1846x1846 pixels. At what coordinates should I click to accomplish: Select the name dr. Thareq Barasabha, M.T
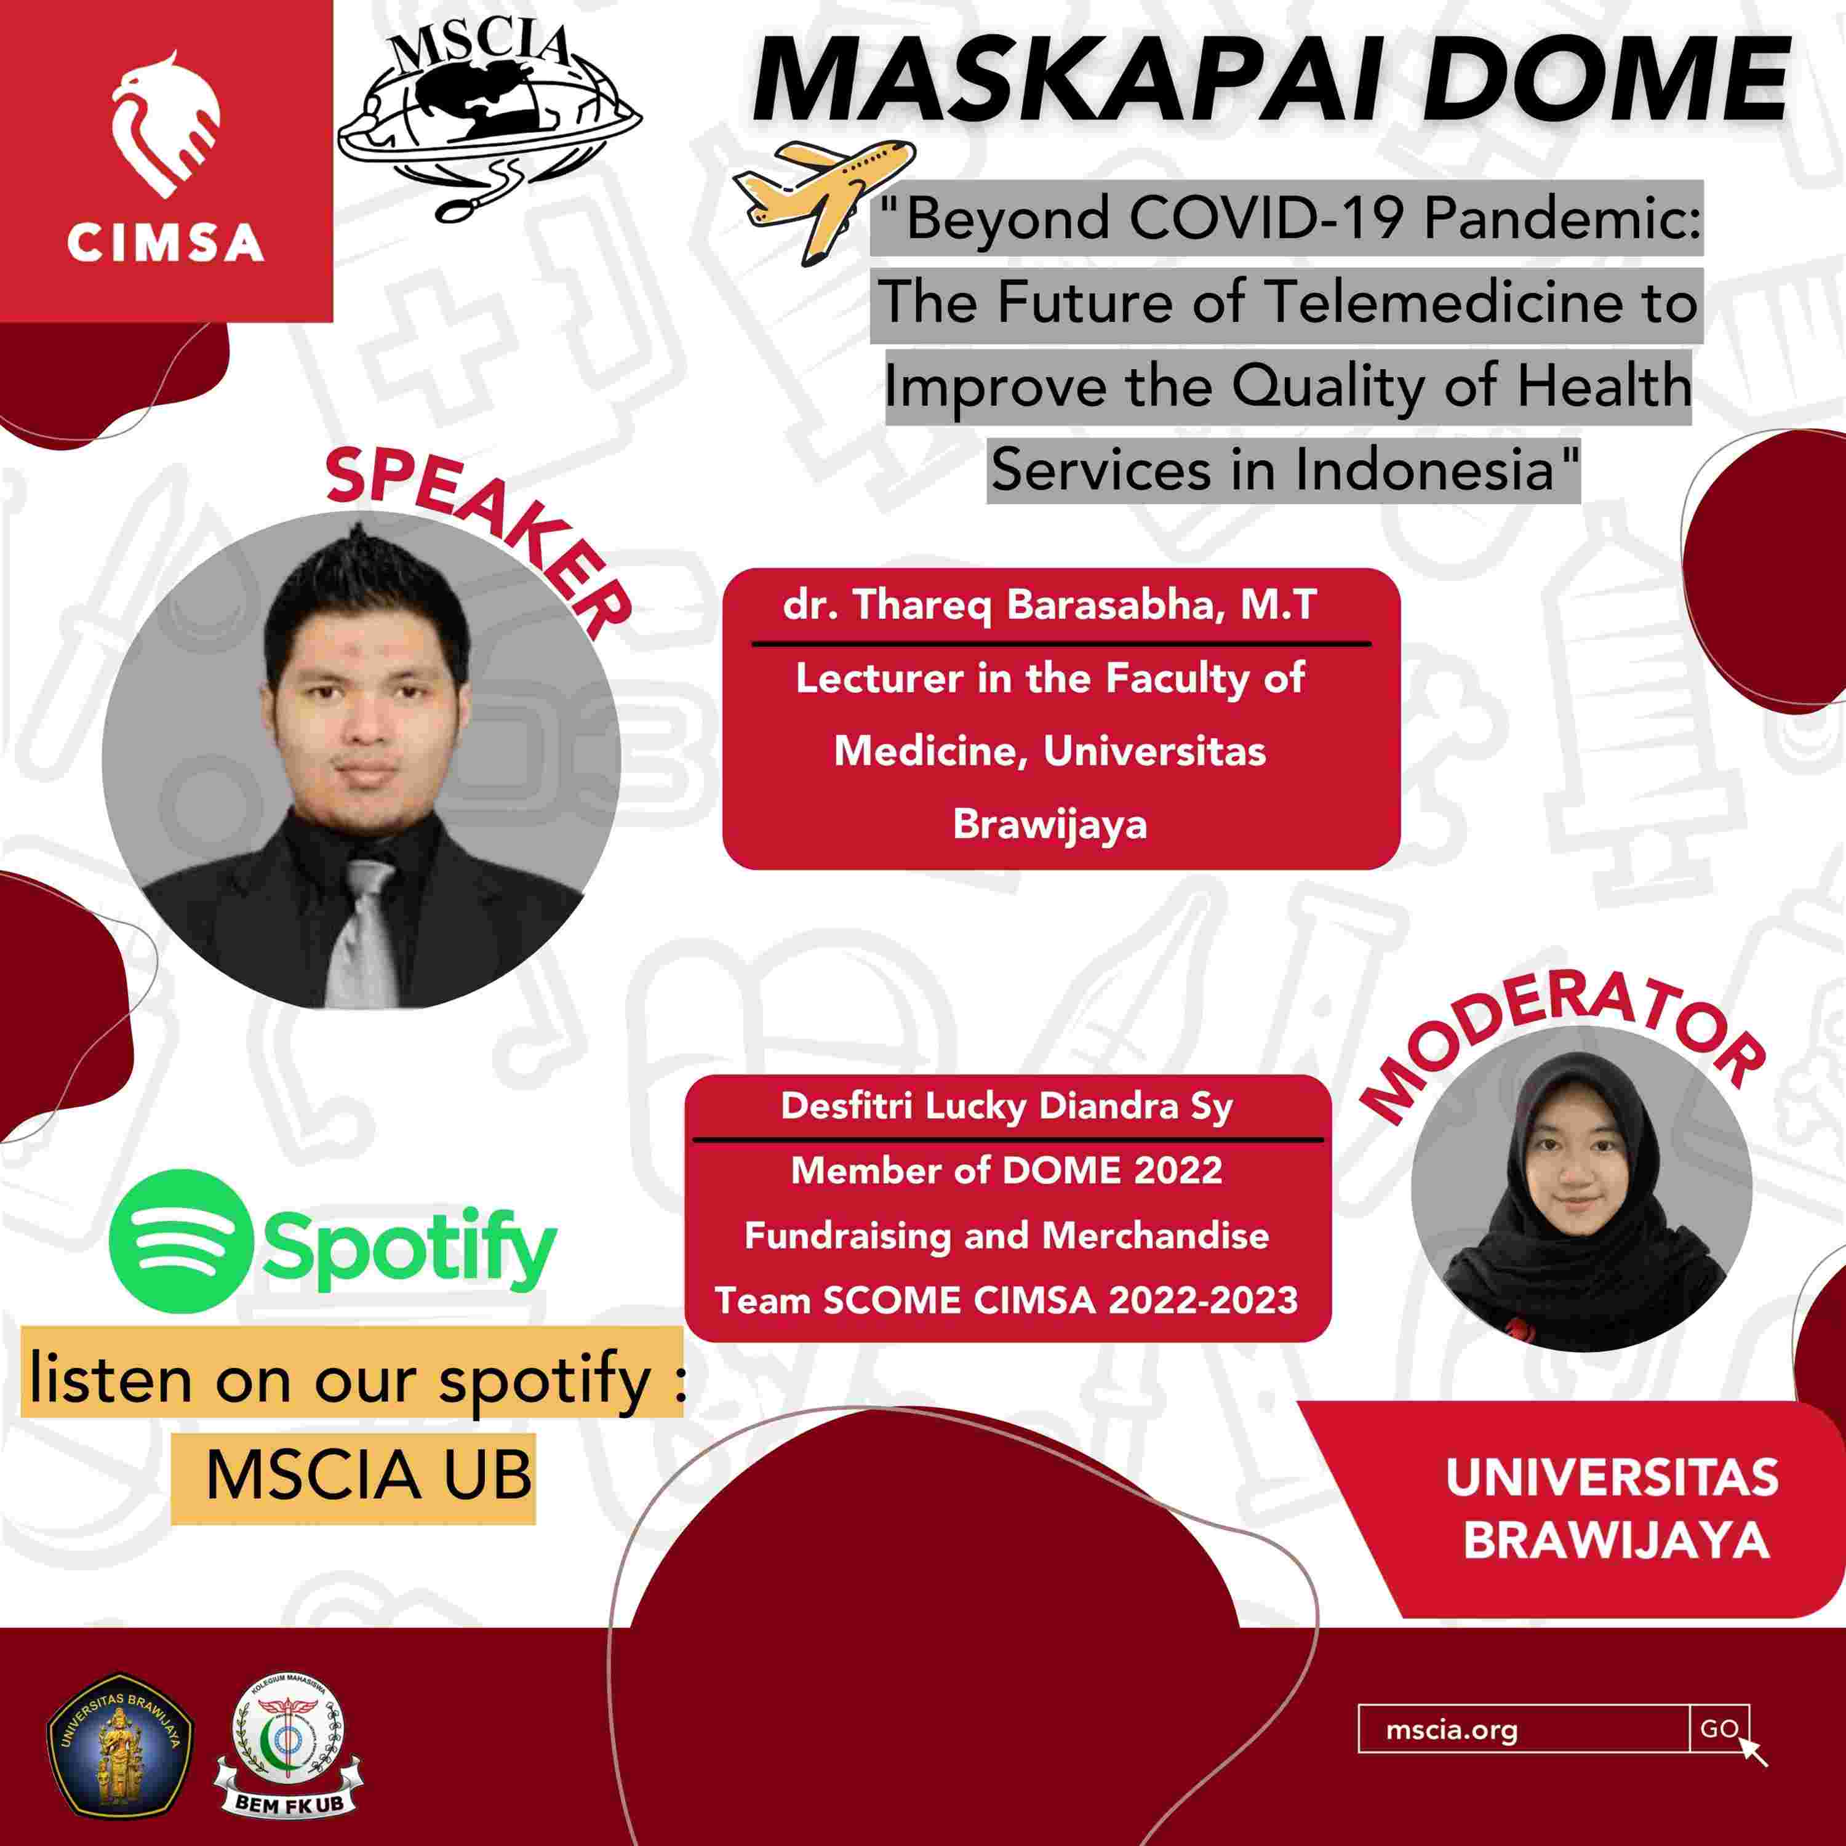pos(1051,605)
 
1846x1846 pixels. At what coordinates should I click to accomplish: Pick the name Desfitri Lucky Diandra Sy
pos(1007,1106)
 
